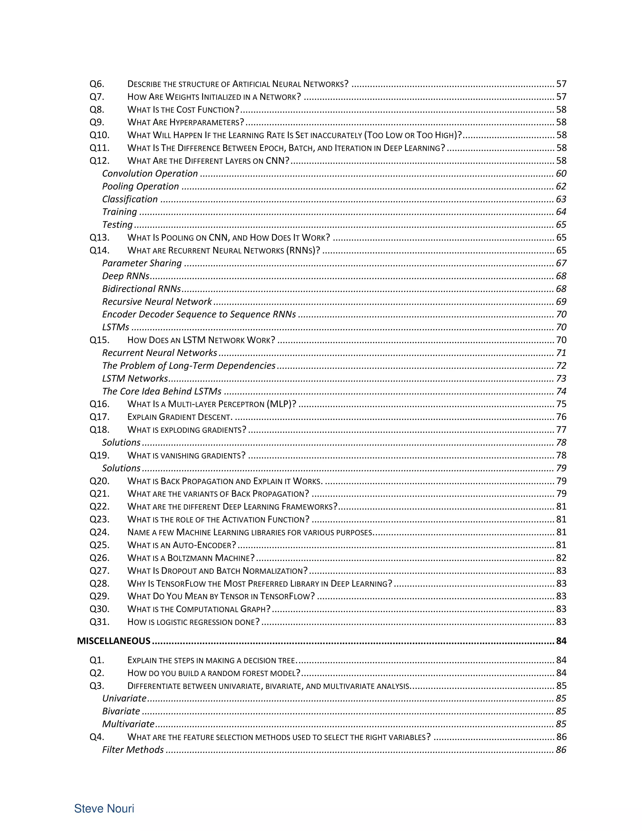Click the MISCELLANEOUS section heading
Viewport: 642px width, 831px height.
tap(113, 641)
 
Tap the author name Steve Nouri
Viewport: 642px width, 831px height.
tap(104, 808)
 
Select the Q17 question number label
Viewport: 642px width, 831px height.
tap(99, 417)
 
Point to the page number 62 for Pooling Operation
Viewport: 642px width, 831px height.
tap(561, 187)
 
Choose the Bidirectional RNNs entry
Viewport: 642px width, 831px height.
tap(141, 289)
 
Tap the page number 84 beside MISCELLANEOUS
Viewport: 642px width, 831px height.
tap(561, 641)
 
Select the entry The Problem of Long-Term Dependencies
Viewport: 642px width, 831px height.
tap(189, 366)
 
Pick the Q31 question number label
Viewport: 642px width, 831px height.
tap(99, 622)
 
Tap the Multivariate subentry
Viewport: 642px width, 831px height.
tap(128, 724)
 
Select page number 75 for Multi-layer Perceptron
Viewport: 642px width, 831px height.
tap(561, 404)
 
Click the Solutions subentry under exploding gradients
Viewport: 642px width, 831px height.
tap(121, 442)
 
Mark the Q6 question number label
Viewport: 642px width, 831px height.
tap(97, 84)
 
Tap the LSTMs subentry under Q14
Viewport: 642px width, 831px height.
tap(116, 327)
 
